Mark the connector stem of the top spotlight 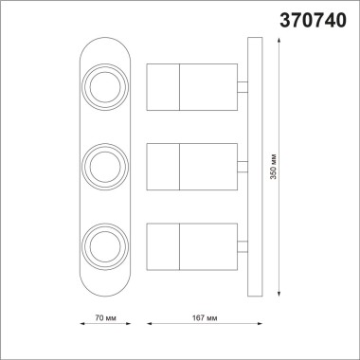pyautogui.click(x=242, y=87)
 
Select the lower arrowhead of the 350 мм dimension pyautogui.click(x=281, y=296)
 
